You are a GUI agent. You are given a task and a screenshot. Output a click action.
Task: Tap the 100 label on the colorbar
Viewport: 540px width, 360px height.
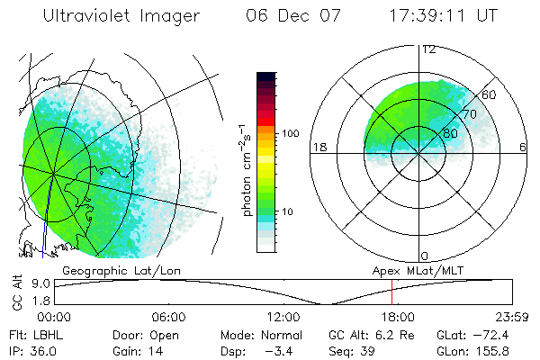(291, 133)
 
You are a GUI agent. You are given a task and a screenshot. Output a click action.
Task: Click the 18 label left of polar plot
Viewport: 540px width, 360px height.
(319, 147)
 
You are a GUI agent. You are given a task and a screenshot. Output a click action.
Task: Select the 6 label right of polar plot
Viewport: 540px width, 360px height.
(523, 147)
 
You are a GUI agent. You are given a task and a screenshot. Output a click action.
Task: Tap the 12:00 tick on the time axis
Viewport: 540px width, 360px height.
(283, 317)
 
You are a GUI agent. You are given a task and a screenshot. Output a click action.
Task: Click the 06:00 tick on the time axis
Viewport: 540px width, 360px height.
(168, 317)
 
